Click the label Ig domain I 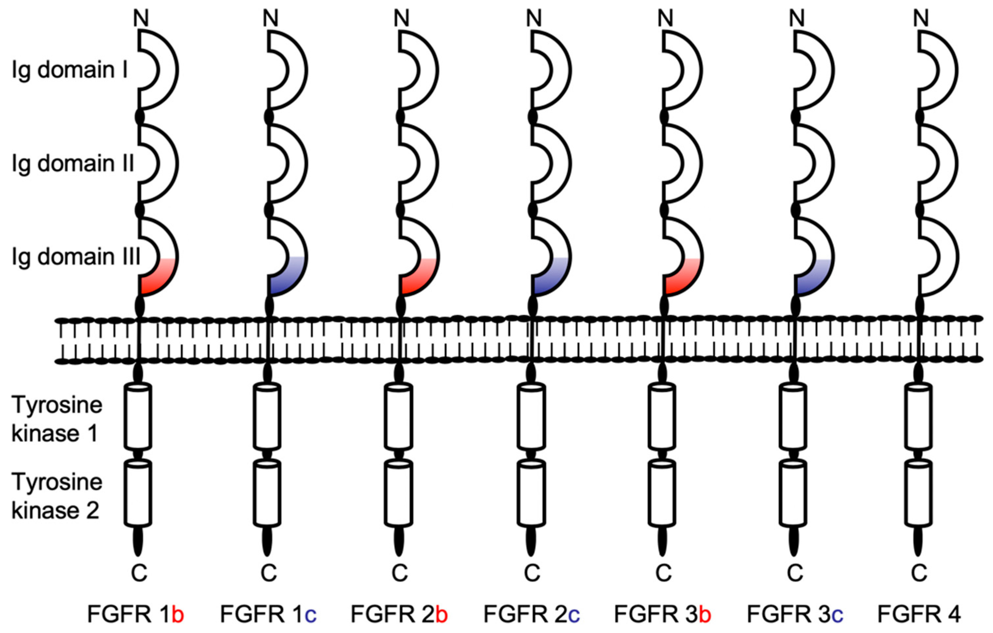69,70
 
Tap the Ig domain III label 76,257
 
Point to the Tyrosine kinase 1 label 57,419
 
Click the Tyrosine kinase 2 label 57,496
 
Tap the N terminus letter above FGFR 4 921,18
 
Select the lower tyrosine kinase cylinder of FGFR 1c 267,494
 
